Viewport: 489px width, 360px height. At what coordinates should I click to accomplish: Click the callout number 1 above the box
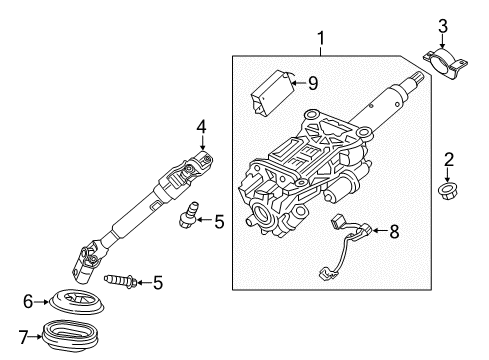pos(321,39)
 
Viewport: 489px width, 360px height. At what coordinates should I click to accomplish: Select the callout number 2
pos(450,159)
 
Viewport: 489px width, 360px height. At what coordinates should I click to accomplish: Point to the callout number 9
pos(313,84)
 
